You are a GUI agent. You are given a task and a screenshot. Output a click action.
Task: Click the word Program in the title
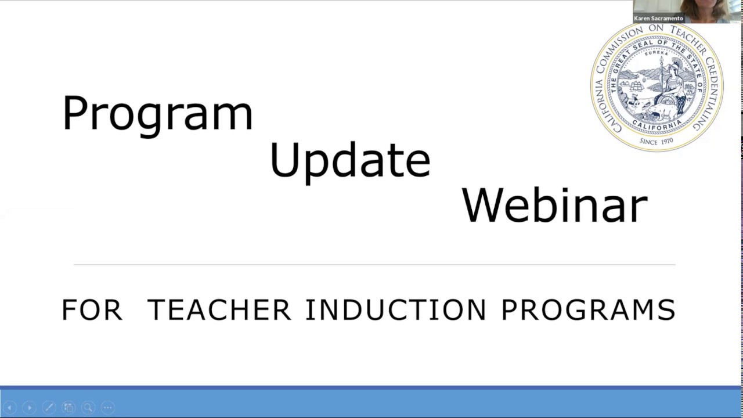[x=157, y=114]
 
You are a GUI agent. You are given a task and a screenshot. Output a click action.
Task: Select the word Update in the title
[x=350, y=160]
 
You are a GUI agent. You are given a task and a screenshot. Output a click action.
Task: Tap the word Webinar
[x=554, y=205]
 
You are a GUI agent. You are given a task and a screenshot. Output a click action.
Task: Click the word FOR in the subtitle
[x=92, y=310]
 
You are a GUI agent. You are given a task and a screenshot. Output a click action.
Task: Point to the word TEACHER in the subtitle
[x=219, y=310]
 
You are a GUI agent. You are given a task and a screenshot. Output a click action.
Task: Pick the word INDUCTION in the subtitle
[x=395, y=310]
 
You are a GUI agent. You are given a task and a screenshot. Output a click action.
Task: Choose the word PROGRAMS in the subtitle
[x=588, y=310]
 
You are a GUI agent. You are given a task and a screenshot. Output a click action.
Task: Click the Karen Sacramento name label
[x=658, y=19]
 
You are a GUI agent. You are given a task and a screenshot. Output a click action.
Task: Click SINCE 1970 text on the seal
[x=656, y=141]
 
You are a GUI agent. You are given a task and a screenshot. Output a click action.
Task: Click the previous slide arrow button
[x=9, y=408]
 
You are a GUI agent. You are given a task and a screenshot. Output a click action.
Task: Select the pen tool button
[x=49, y=408]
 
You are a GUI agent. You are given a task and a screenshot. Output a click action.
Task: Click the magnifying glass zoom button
[x=88, y=408]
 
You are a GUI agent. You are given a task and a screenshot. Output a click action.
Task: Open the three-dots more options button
[x=107, y=408]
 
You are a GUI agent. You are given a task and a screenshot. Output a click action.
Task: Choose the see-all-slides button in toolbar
[x=68, y=408]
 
